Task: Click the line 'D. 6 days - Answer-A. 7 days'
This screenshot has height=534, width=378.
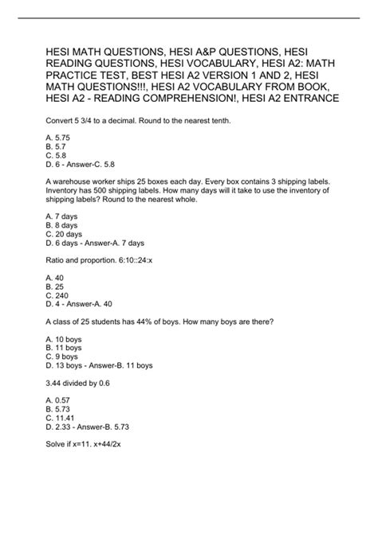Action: [100, 244]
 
